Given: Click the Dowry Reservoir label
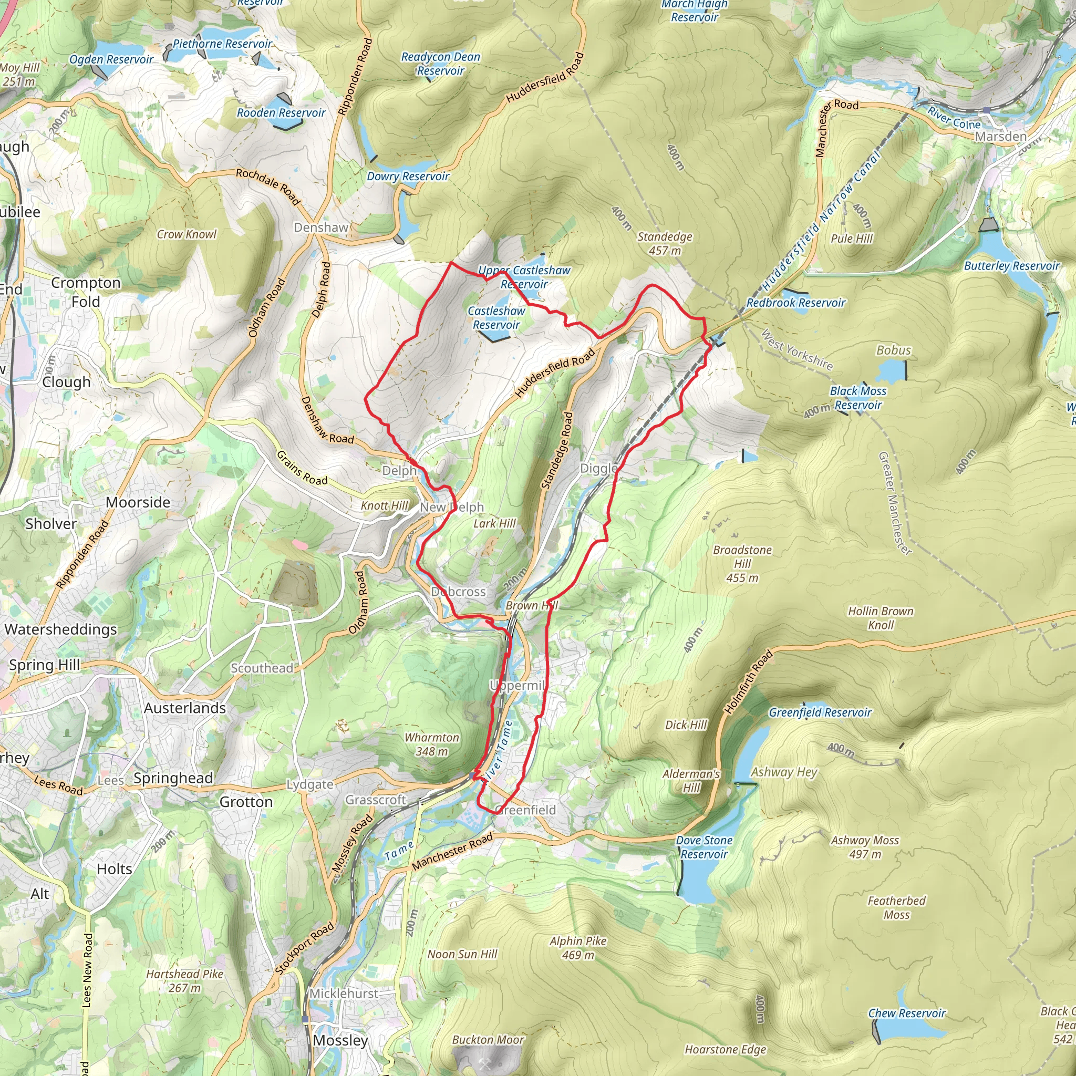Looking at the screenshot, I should point(408,177).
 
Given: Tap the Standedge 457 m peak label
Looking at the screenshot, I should point(665,243).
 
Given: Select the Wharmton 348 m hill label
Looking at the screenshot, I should point(432,744).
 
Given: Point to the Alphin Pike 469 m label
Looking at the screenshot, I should point(577,947).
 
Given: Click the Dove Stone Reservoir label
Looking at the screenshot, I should point(704,847).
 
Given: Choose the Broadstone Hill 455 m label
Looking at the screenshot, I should point(742,564).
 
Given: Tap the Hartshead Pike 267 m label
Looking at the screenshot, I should point(184,981).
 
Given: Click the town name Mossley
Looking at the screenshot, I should point(340,1040).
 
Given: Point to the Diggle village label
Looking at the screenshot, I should point(599,468).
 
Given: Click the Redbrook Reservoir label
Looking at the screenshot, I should point(795,303).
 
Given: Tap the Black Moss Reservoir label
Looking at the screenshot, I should point(857,398).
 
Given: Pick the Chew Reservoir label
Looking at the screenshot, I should point(907,1013).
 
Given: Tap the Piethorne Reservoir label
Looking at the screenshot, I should point(222,44).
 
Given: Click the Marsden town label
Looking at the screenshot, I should point(1000,137).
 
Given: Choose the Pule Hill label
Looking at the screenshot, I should point(852,239).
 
